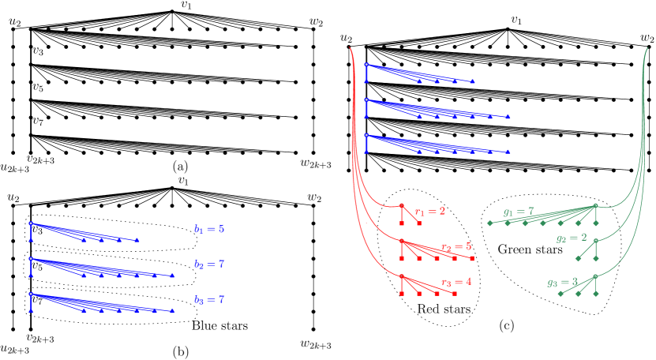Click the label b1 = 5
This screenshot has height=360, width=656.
(x=209, y=229)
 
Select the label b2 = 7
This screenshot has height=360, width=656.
(x=209, y=264)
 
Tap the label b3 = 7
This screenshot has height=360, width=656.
(x=209, y=300)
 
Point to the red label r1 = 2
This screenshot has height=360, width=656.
(x=430, y=212)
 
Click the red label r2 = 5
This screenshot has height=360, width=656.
(x=456, y=247)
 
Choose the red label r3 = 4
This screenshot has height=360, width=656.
(x=456, y=282)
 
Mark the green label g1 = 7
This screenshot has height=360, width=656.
(x=519, y=212)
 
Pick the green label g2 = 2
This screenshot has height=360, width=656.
(x=571, y=238)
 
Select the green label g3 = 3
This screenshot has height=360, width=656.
(x=562, y=282)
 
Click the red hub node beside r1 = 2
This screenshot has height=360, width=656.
(x=401, y=205)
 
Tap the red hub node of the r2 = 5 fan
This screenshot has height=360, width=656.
(x=401, y=241)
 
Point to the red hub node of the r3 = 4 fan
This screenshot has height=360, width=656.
(x=401, y=276)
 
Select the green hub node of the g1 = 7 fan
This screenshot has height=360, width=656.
(x=595, y=205)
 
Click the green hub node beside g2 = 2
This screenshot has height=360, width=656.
(x=595, y=241)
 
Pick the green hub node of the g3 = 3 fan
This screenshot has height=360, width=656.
(x=595, y=276)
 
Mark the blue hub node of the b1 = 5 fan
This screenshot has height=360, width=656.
(x=31, y=223)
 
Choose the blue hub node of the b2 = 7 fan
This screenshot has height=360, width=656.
(x=31, y=258)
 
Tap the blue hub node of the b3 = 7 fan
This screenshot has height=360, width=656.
(x=31, y=294)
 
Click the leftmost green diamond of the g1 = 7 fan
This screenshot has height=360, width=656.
(x=489, y=223)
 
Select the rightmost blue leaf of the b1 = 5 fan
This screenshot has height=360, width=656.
(x=138, y=240)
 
